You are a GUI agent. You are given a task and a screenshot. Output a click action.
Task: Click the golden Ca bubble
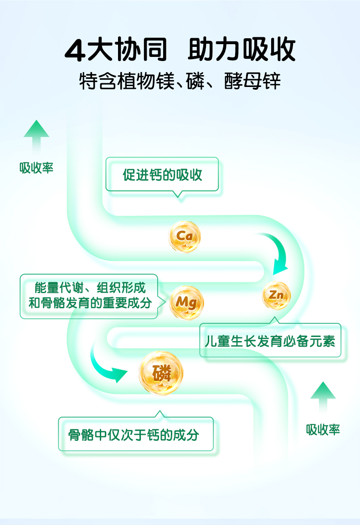(x=184, y=236)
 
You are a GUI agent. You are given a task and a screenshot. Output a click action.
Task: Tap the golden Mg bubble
(x=186, y=302)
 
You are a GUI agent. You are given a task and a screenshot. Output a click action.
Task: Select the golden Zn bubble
(x=276, y=296)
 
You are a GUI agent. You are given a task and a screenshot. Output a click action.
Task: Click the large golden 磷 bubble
(x=161, y=373)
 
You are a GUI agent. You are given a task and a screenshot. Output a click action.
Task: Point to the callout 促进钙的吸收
(x=162, y=175)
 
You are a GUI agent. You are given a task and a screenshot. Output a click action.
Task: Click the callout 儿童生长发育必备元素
(x=270, y=341)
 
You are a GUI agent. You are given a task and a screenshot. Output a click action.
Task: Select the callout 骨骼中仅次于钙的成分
(x=135, y=434)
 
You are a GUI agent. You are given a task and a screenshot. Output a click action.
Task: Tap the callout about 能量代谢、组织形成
(x=89, y=296)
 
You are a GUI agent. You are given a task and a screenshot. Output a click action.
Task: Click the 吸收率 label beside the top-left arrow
(x=36, y=168)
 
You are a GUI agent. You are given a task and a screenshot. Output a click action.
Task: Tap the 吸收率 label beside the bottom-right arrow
(x=323, y=429)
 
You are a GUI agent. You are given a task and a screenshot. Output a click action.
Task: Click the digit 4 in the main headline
(x=75, y=51)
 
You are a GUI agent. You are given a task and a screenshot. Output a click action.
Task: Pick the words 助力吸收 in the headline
(x=242, y=50)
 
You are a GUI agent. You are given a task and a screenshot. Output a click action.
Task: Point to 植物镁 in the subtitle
(x=139, y=82)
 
